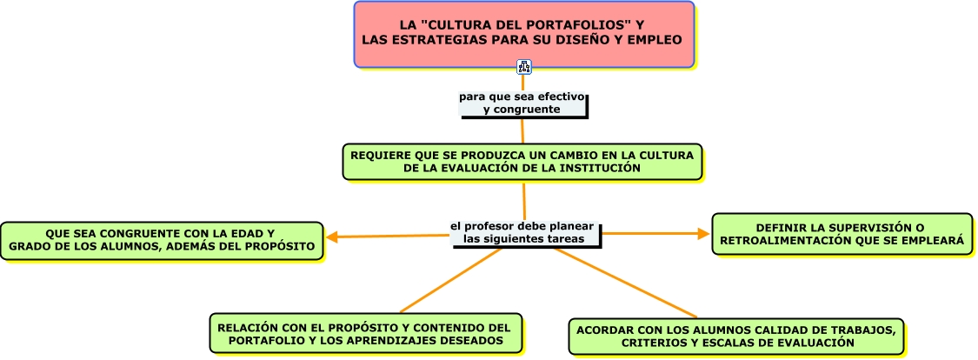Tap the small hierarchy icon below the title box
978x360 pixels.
(x=523, y=66)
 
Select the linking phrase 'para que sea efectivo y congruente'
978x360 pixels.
(x=522, y=103)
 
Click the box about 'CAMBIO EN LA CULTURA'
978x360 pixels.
(x=522, y=162)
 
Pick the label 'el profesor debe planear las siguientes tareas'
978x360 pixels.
(x=522, y=232)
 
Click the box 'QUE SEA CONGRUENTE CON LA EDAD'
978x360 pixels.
(x=162, y=241)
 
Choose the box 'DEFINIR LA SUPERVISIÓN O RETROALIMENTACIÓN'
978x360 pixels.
(x=842, y=234)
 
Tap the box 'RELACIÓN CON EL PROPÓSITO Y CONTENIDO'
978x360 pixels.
(x=365, y=335)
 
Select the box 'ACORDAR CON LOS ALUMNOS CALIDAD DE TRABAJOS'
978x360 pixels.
(x=737, y=337)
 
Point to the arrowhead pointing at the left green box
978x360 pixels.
(x=332, y=236)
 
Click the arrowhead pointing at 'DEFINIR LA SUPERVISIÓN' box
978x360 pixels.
(x=704, y=233)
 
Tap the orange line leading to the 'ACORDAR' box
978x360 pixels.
(x=626, y=283)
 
